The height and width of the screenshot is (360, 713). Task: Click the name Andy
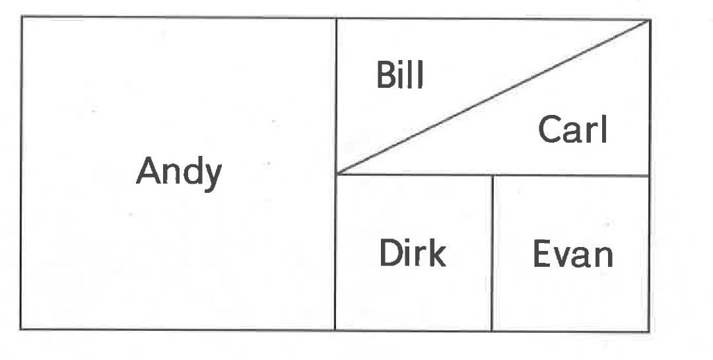(179, 172)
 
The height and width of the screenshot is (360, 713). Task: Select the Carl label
(572, 129)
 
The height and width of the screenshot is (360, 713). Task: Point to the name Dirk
(412, 253)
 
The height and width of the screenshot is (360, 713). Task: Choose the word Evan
(572, 254)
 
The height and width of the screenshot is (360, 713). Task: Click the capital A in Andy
(149, 172)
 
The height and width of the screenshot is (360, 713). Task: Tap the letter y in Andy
(212, 176)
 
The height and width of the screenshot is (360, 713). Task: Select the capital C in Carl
(550, 129)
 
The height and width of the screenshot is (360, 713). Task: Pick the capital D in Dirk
(390, 253)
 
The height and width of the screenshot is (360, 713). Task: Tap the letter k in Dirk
(436, 253)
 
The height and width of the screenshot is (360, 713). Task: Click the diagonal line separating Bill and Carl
(492, 98)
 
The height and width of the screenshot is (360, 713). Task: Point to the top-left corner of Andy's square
(21, 18)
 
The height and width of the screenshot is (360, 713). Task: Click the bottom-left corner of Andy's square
(21, 328)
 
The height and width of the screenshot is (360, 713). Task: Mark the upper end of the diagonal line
(649, 20)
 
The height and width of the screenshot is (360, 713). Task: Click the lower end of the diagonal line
(336, 174)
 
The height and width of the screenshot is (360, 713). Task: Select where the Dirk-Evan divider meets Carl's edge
(492, 175)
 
